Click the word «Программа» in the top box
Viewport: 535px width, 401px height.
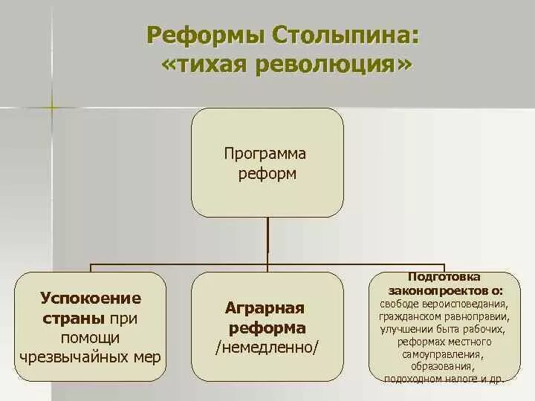(265, 154)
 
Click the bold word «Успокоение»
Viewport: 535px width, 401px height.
(91, 299)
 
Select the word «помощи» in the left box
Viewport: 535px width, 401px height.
(91, 338)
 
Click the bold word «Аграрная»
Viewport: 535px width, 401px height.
(267, 308)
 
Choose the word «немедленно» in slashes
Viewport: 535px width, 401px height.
(267, 348)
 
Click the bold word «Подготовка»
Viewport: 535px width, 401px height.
(443, 276)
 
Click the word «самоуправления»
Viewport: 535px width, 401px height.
(443, 354)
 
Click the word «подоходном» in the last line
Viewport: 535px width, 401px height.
(415, 379)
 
